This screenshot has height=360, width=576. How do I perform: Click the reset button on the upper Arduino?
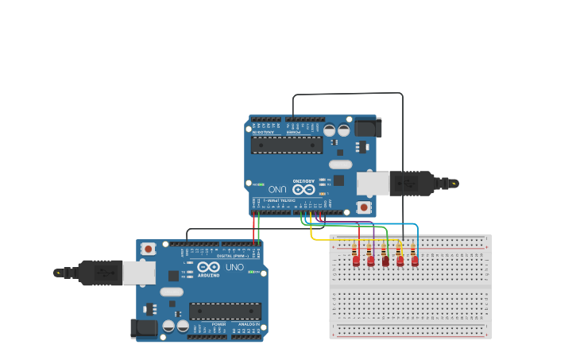tap(364, 207)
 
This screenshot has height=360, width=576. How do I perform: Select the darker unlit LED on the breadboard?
tap(385, 261)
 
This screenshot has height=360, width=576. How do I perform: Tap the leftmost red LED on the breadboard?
tap(357, 260)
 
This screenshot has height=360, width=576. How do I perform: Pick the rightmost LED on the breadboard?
tap(415, 260)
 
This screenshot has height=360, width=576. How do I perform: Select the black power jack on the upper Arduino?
tap(368, 127)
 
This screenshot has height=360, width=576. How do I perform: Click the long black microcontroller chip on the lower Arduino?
tap(225, 311)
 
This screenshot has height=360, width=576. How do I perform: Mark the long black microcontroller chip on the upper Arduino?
tap(287, 145)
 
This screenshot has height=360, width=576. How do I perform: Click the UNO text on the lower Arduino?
tap(234, 267)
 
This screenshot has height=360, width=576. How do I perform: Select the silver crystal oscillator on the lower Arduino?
tap(172, 292)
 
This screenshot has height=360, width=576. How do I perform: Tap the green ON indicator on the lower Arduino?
tap(253, 273)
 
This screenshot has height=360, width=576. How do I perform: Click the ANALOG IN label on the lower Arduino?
tap(248, 324)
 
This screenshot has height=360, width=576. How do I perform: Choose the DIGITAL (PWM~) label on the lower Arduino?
tap(230, 254)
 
